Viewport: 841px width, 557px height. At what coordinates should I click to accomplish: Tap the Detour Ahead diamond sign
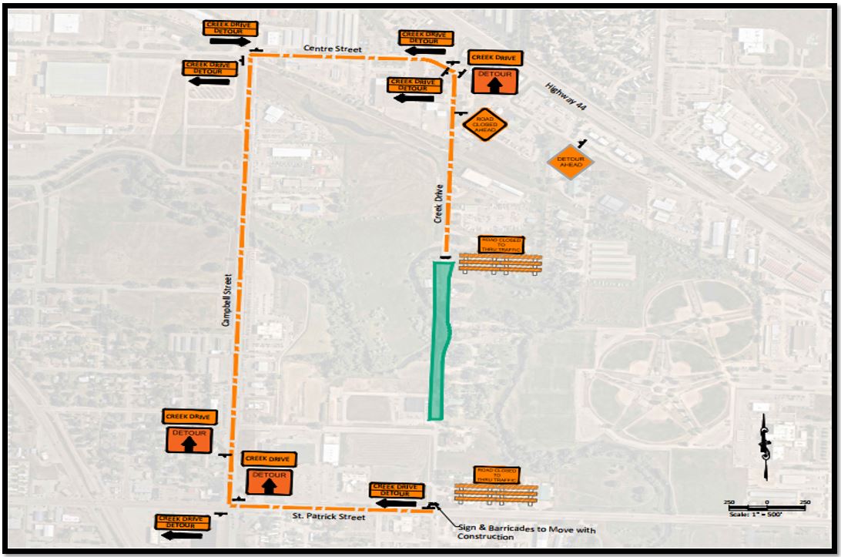[x=571, y=162]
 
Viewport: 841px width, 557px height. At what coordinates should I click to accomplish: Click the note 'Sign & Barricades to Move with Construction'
[x=524, y=533]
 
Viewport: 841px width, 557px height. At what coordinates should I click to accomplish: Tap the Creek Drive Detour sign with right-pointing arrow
[x=230, y=34]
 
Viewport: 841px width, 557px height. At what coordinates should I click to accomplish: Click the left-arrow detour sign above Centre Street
[x=424, y=44]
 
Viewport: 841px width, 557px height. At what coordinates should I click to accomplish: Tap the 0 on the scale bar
[x=767, y=502]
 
